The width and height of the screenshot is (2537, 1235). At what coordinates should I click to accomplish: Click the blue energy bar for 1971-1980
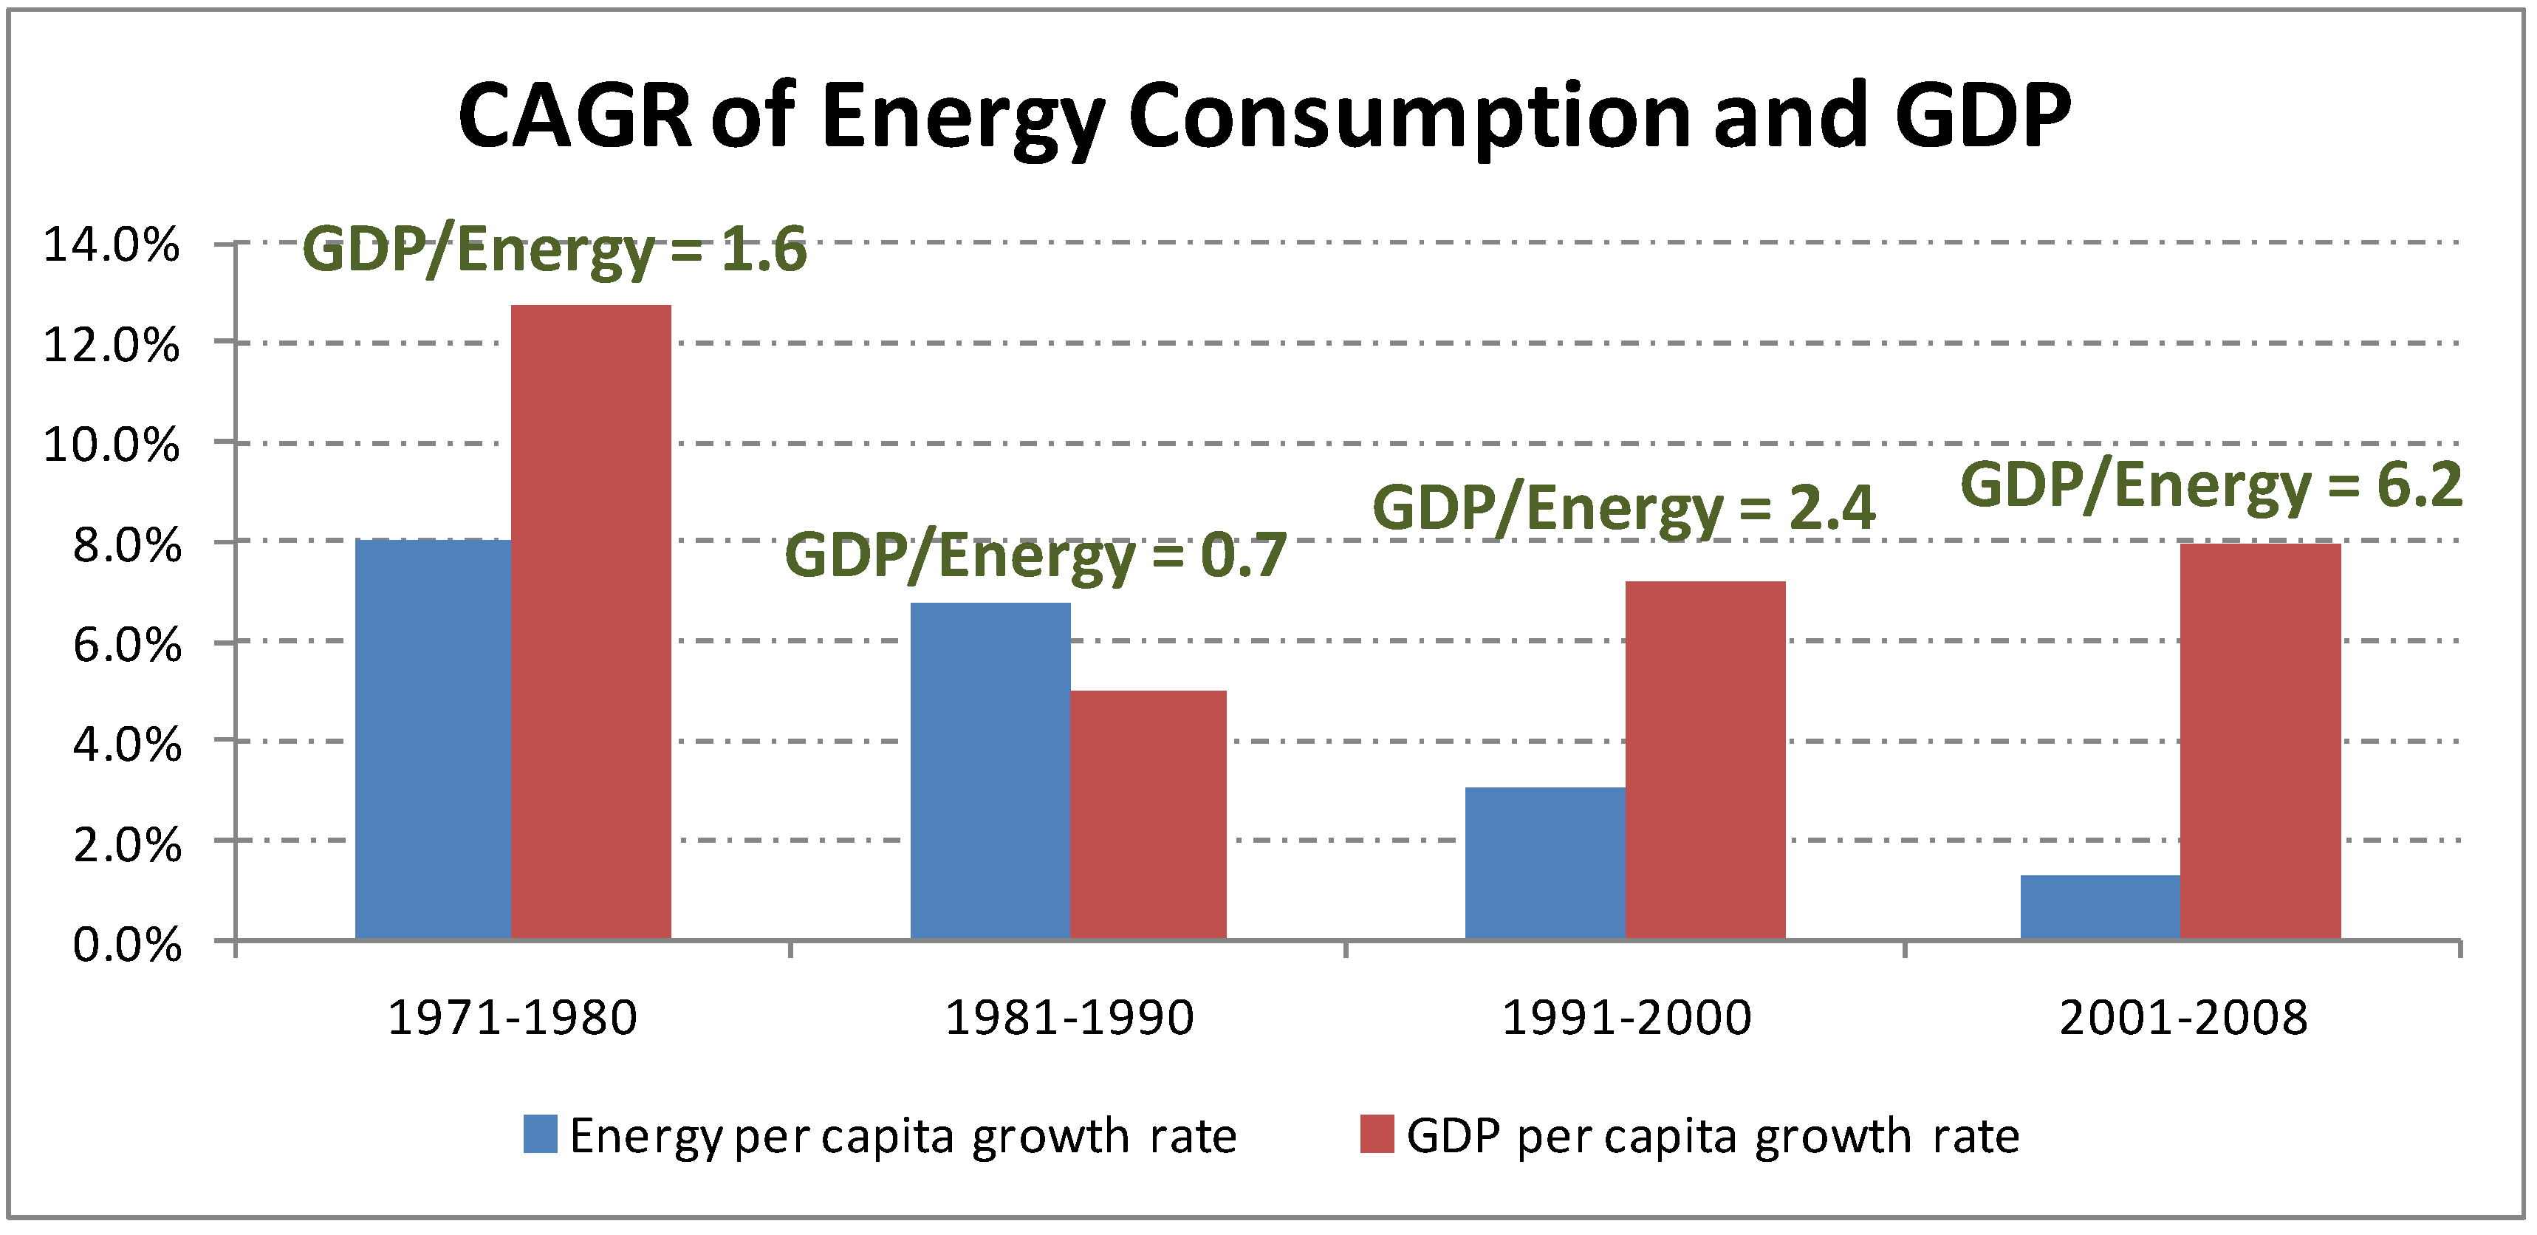point(434,739)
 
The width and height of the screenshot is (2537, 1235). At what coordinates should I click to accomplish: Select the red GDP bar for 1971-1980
point(591,620)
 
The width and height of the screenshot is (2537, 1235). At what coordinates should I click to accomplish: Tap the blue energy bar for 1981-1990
point(990,770)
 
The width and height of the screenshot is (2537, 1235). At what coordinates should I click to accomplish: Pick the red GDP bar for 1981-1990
point(1148,815)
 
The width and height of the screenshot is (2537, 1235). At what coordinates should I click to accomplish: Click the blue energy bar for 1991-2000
point(1544,863)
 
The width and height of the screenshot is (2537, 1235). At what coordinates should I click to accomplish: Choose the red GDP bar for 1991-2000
point(1705,759)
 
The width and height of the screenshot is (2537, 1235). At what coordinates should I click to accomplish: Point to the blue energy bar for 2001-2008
point(2100,906)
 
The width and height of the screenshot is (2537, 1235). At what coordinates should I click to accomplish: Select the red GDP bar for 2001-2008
point(2260,741)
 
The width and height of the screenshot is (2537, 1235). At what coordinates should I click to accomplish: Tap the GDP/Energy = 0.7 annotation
point(1035,555)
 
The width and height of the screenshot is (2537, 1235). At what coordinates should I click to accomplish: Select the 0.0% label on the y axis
point(127,945)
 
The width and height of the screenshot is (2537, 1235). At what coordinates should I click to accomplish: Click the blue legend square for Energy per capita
point(540,1134)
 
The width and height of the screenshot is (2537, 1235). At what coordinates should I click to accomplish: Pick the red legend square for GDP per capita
point(1377,1134)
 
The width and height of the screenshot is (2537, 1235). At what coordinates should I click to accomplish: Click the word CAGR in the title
point(576,116)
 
